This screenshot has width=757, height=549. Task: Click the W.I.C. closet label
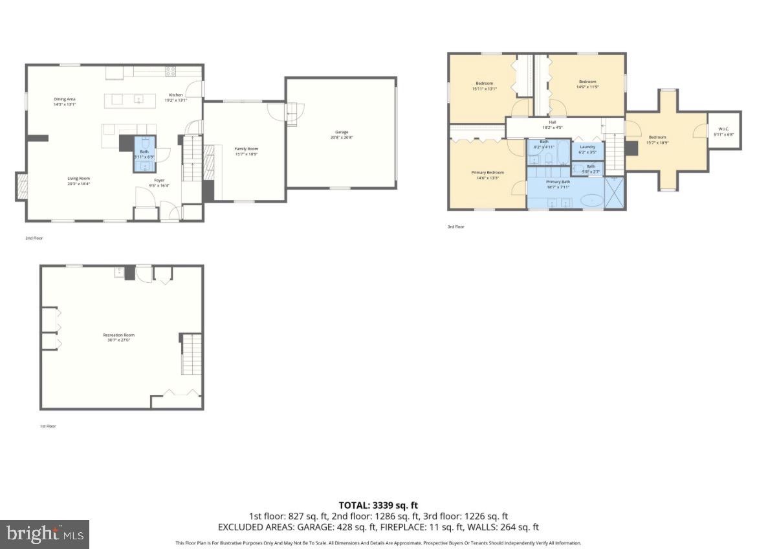pyautogui.click(x=723, y=131)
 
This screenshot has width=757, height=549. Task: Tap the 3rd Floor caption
pyautogui.click(x=455, y=227)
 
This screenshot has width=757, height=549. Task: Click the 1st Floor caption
pyautogui.click(x=47, y=426)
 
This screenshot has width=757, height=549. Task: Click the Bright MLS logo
pyautogui.click(x=45, y=534)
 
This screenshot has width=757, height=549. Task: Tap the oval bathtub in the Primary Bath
pyautogui.click(x=591, y=201)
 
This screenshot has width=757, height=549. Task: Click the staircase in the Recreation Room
pyautogui.click(x=191, y=353)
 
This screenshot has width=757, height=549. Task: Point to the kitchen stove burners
pyautogui.click(x=171, y=71)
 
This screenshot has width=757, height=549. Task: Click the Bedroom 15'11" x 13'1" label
pyautogui.click(x=485, y=86)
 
